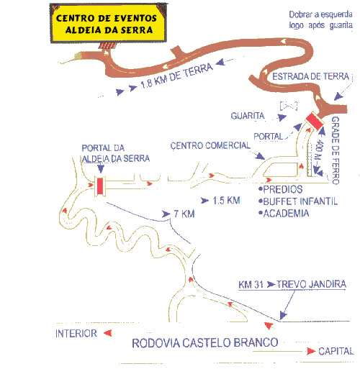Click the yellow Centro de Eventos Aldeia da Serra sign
point(108,23)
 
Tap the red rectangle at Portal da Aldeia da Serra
point(100,186)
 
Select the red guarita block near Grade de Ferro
point(315,121)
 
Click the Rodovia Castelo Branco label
point(205,342)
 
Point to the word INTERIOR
point(76,334)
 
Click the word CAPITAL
point(336,351)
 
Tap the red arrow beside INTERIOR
point(108,333)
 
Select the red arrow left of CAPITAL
point(311,351)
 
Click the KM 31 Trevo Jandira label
point(292,284)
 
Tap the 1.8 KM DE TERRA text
point(176,76)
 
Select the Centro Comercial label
point(210,145)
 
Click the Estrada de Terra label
point(310,76)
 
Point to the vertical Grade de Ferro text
point(336,150)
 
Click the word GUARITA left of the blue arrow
point(248,116)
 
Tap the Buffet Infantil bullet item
point(298,201)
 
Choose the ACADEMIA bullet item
point(284,214)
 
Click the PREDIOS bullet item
point(281,189)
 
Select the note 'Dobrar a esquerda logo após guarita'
point(321,20)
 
